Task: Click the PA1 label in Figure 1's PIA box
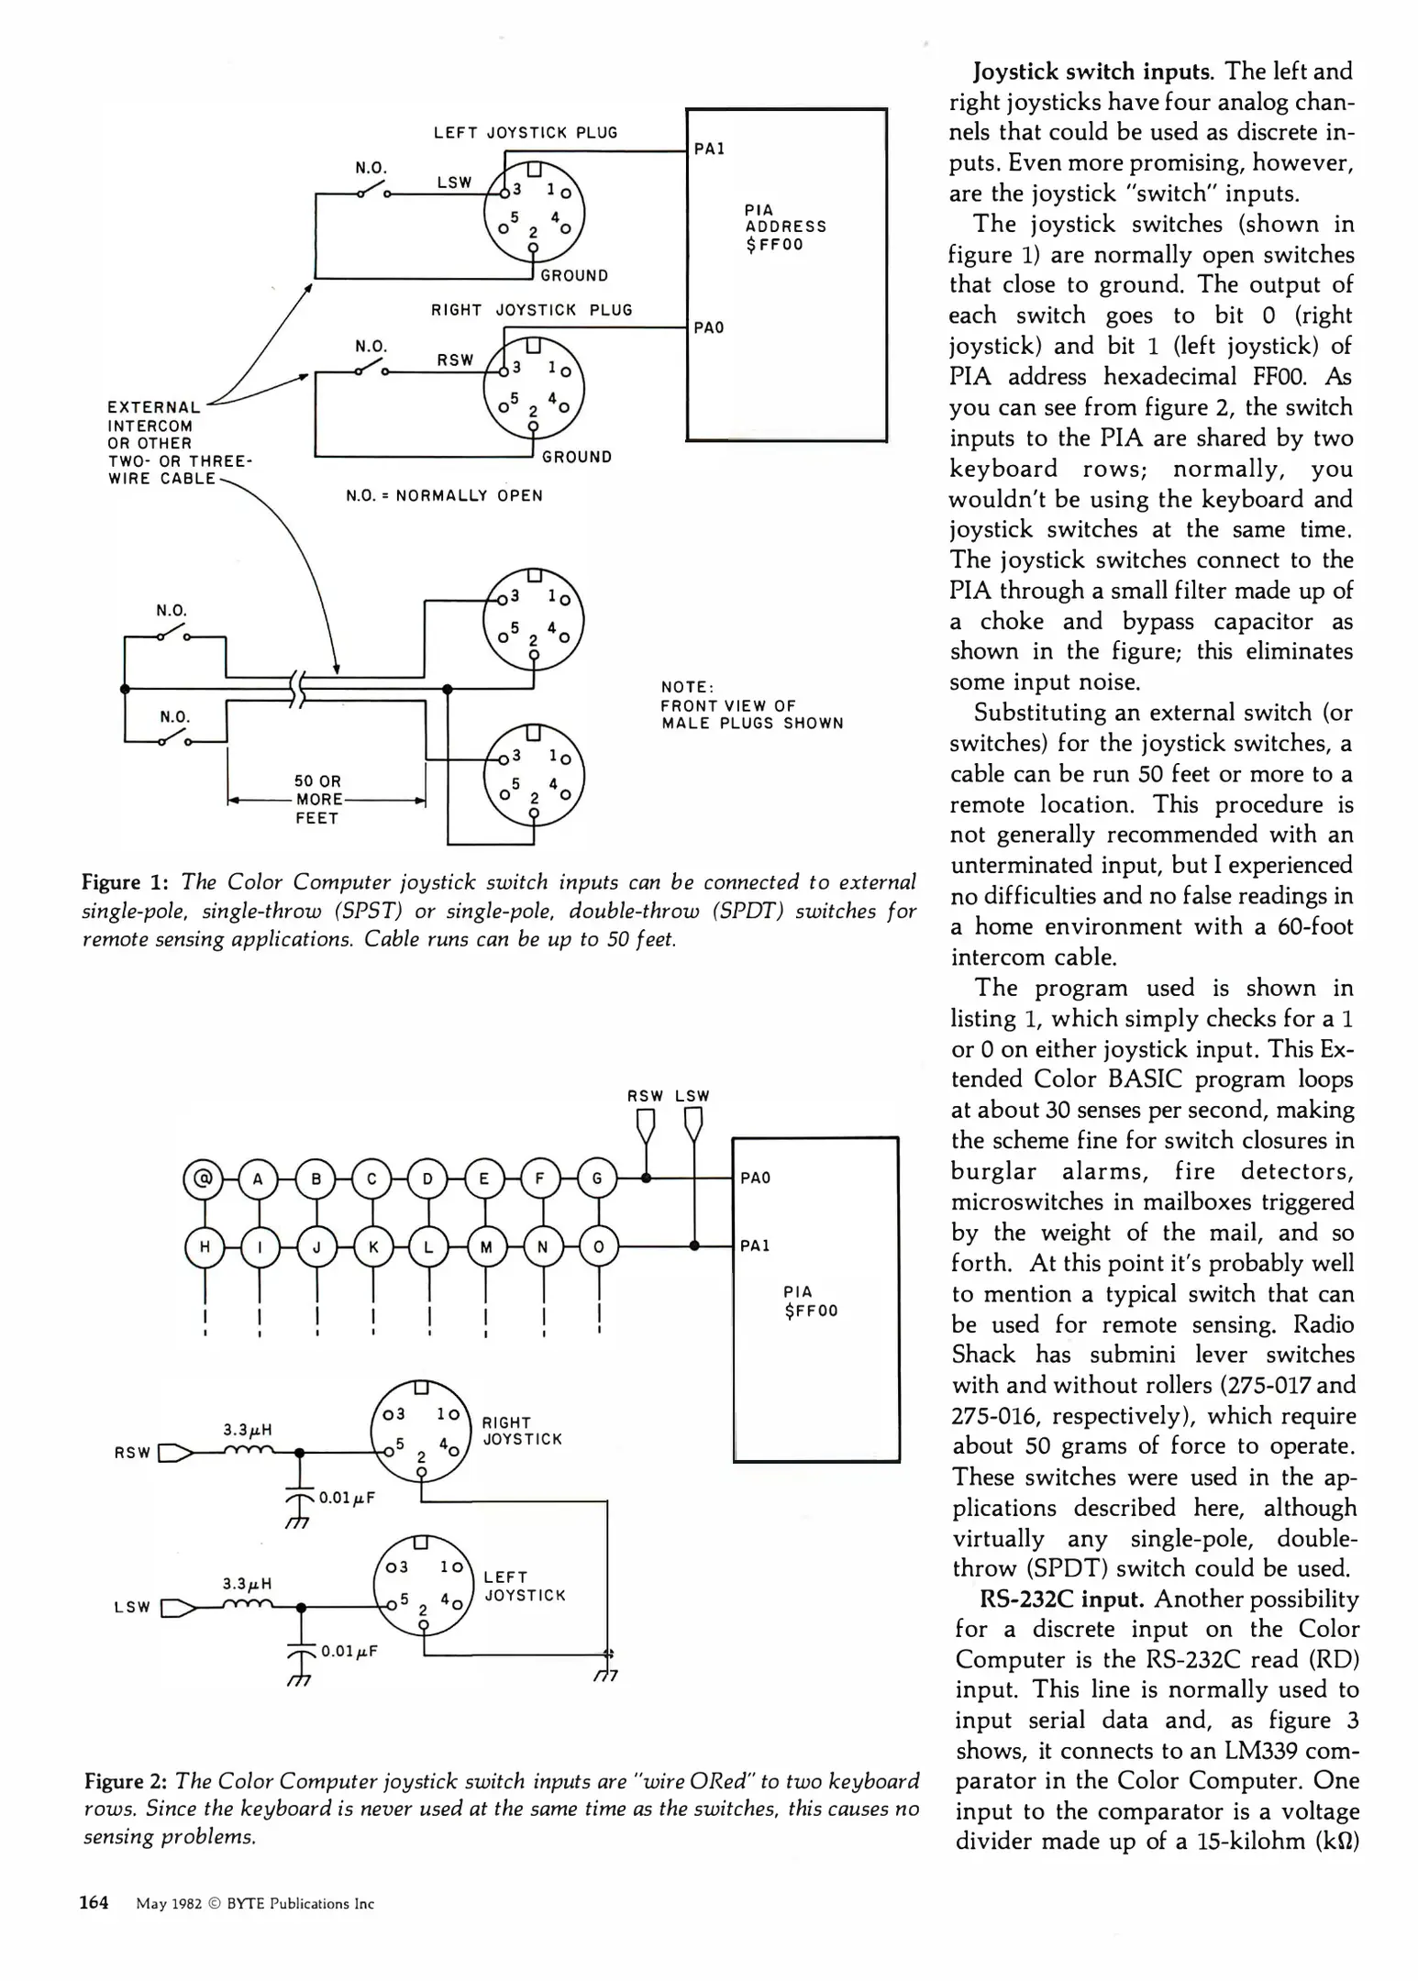709,149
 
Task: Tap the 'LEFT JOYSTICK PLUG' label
526,133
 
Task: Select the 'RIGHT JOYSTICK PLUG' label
532,310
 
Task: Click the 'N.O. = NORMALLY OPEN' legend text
445,496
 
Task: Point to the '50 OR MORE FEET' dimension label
317,799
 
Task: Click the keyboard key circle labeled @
204,1179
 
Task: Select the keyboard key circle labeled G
597,1179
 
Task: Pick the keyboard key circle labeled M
486,1247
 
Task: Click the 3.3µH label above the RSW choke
248,1430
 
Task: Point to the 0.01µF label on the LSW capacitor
349,1652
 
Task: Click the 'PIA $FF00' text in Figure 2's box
810,1301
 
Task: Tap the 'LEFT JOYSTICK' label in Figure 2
525,1587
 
